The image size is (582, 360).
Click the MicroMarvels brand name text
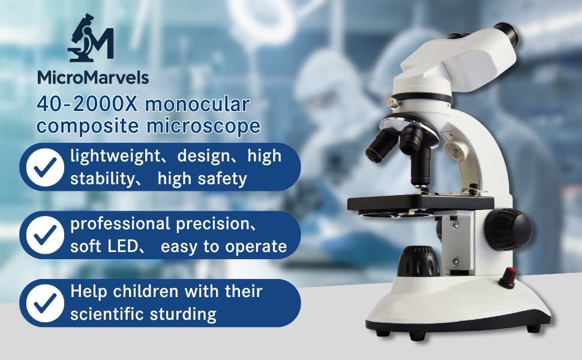pyautogui.click(x=93, y=77)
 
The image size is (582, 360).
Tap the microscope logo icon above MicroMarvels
pyautogui.click(x=91, y=38)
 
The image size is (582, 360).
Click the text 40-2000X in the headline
pyautogui.click(x=86, y=104)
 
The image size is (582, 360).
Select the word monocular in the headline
pyautogui.click(x=197, y=104)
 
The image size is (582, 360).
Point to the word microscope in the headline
pyautogui.click(x=203, y=126)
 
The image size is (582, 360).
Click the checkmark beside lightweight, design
pyautogui.click(x=45, y=167)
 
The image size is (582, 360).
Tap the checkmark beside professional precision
pyautogui.click(x=45, y=235)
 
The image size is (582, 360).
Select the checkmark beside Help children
pyautogui.click(x=45, y=303)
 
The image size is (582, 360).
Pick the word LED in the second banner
pyautogui.click(x=123, y=247)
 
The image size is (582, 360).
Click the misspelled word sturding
pyautogui.click(x=183, y=315)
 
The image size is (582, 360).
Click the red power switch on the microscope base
pyautogui.click(x=508, y=277)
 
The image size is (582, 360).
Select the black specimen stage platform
pyautogui.click(x=421, y=204)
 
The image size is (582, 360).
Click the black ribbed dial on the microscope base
pyautogui.click(x=418, y=262)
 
